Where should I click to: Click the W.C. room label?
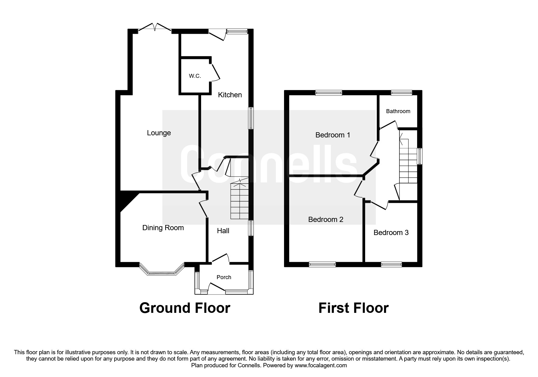(x=195, y=76)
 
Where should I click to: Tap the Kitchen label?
(x=230, y=95)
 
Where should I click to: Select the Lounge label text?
(x=159, y=133)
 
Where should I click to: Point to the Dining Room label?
(x=163, y=228)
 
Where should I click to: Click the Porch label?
(x=224, y=277)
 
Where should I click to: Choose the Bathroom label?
(x=398, y=111)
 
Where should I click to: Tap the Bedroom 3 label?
(x=391, y=233)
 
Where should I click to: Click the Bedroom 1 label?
(x=333, y=135)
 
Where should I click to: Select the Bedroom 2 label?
(x=326, y=220)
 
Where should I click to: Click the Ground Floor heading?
(x=185, y=308)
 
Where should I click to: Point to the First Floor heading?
(x=353, y=308)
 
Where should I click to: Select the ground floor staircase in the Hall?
(x=240, y=201)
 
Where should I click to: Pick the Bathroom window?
(x=401, y=93)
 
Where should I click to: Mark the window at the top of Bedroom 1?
(x=329, y=93)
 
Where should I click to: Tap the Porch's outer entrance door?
(x=216, y=287)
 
